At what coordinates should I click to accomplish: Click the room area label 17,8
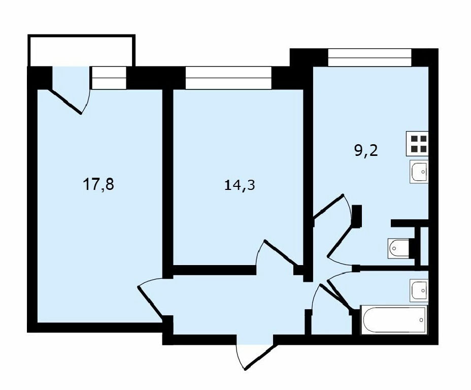tap(98, 184)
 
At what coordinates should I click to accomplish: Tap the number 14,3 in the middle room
tap(240, 185)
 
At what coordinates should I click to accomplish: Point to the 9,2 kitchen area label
tap(366, 150)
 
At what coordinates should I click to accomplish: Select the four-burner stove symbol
tap(417, 144)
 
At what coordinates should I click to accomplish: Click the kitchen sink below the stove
tap(419, 172)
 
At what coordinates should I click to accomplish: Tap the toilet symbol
tap(399, 248)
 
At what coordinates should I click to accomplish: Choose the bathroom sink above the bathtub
tap(419, 290)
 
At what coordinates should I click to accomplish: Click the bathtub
tap(394, 319)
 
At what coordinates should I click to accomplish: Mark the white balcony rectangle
tap(81, 50)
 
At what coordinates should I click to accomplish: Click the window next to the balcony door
tap(109, 78)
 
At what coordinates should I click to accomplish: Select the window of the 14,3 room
tap(228, 78)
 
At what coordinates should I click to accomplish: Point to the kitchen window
tap(369, 57)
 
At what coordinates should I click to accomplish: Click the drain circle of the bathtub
tap(422, 320)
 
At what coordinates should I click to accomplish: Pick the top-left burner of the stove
tap(414, 139)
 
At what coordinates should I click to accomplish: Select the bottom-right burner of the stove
tap(423, 148)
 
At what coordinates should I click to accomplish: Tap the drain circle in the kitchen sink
tap(423, 172)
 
